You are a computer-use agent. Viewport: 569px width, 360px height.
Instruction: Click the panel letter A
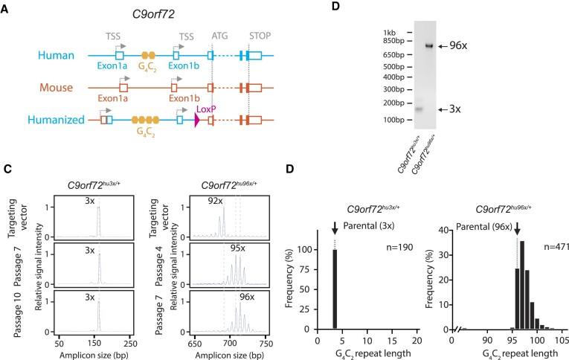point(7,9)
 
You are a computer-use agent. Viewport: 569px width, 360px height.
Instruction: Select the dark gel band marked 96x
point(428,46)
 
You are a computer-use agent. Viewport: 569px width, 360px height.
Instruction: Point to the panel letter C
point(7,168)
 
